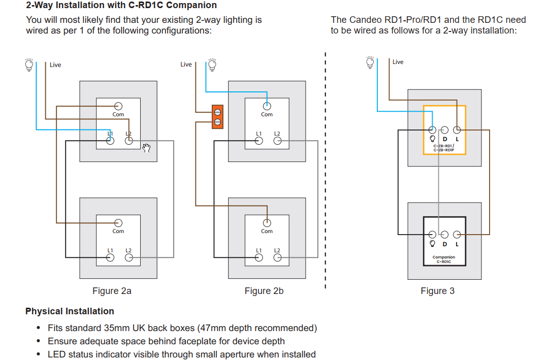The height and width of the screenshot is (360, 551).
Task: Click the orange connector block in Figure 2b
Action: click(x=217, y=116)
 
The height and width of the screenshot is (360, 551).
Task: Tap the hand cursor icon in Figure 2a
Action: click(x=147, y=148)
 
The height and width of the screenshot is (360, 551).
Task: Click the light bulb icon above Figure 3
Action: click(x=371, y=62)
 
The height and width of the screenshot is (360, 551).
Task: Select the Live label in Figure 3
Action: click(x=398, y=62)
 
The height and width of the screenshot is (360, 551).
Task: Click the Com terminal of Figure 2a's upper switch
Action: click(x=118, y=106)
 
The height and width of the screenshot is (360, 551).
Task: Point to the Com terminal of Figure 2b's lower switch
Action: click(x=267, y=222)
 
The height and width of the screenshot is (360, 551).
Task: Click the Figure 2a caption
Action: click(x=112, y=291)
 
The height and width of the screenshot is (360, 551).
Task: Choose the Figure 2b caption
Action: click(x=264, y=291)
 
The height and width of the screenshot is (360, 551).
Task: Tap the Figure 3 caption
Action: click(x=437, y=291)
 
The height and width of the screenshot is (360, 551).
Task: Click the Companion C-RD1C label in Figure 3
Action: click(x=444, y=259)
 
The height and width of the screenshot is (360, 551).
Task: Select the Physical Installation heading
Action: click(x=70, y=311)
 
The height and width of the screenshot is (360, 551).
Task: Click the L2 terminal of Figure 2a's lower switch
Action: click(x=128, y=257)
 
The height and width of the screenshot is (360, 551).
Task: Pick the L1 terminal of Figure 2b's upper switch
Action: click(x=259, y=141)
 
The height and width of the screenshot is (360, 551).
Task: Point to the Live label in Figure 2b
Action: click(x=186, y=64)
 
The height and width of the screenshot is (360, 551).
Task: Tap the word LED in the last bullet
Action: click(x=57, y=354)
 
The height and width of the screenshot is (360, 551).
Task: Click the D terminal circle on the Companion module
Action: click(x=444, y=234)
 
